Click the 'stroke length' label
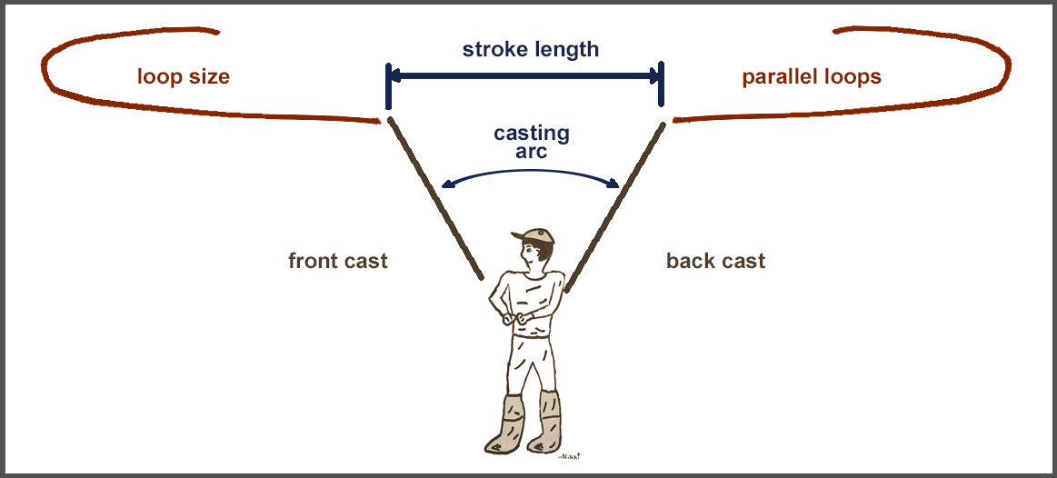pyautogui.click(x=530, y=49)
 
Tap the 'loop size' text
pyautogui.click(x=184, y=76)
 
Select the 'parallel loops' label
pyautogui.click(x=812, y=76)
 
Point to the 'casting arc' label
pyautogui.click(x=532, y=142)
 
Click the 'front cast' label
pyautogui.click(x=338, y=262)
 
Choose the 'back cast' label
pyautogui.click(x=715, y=262)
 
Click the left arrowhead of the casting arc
pyautogui.click(x=446, y=185)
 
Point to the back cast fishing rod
pyautogui.click(x=614, y=204)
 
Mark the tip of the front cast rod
pyautogui.click(x=389, y=119)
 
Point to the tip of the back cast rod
pyautogui.click(x=663, y=120)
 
